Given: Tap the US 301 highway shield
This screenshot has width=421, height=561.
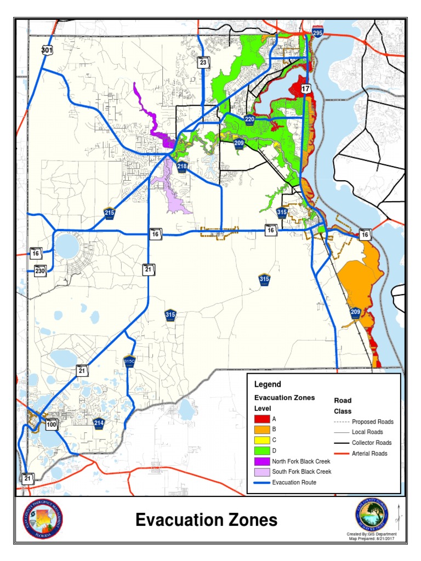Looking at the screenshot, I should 47,50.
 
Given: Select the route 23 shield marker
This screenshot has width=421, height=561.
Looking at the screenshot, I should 203,62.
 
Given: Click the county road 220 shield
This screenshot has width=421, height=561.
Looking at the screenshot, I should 249,120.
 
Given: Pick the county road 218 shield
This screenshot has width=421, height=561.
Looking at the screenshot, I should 182,167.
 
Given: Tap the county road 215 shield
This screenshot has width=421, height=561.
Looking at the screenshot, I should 110,213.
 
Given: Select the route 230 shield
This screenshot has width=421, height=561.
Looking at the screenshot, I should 39,270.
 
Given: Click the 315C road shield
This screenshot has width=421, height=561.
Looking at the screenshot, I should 129,361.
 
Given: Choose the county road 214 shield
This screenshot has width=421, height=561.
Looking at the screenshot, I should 99,423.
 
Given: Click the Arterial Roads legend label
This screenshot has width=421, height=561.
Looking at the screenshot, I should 369,453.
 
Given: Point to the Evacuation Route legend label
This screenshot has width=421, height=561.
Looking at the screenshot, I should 294,482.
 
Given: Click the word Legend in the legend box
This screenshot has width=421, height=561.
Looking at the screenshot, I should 268,385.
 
